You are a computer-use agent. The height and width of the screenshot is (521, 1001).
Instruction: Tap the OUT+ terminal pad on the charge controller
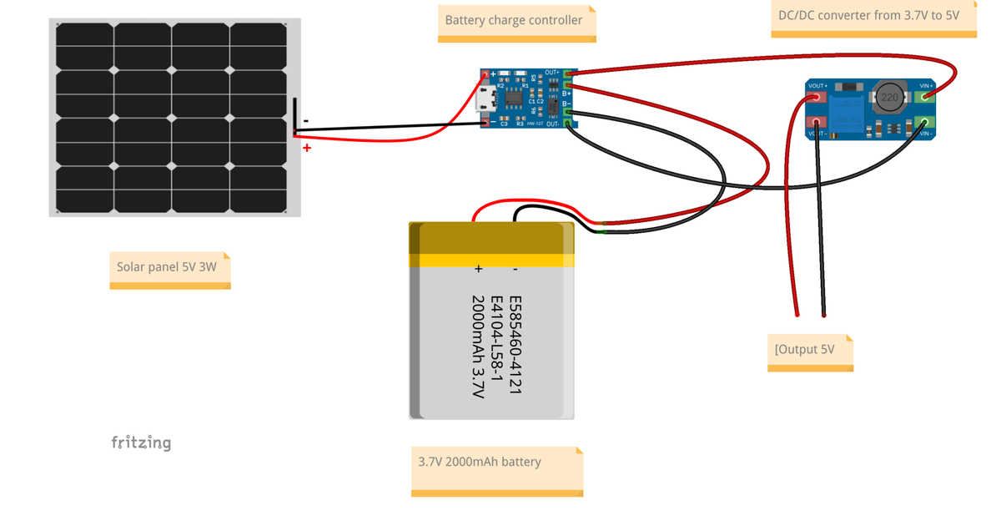coord(569,74)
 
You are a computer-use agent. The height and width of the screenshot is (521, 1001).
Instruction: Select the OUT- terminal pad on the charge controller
coord(569,123)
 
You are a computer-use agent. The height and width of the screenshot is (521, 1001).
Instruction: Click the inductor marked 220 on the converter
coord(890,98)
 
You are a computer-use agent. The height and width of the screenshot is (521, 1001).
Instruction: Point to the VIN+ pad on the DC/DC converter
coord(925,96)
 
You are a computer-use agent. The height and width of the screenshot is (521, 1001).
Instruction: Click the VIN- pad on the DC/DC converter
coord(925,124)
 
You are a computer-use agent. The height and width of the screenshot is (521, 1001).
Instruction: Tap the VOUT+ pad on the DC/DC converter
coord(817,97)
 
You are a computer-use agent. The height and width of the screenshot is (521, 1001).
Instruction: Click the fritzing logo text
coord(141,443)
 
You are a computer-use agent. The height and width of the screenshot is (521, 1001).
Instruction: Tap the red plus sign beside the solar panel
coord(307,148)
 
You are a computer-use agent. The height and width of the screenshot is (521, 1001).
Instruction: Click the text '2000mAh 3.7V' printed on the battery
coord(477,346)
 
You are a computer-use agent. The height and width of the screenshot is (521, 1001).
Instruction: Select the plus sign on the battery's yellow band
coord(478,269)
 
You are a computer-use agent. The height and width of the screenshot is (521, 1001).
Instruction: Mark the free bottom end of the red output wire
coord(797,314)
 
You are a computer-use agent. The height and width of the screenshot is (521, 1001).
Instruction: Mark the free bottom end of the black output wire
coord(824,315)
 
